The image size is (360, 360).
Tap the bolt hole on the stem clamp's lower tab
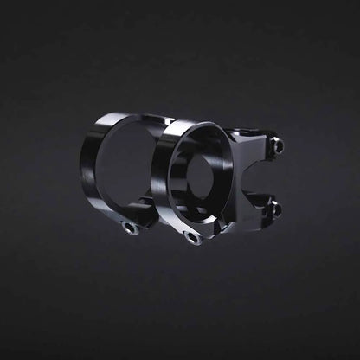point(195,238)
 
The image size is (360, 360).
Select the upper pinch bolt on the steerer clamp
point(277,147)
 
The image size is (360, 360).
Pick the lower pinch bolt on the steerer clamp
point(276,209)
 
